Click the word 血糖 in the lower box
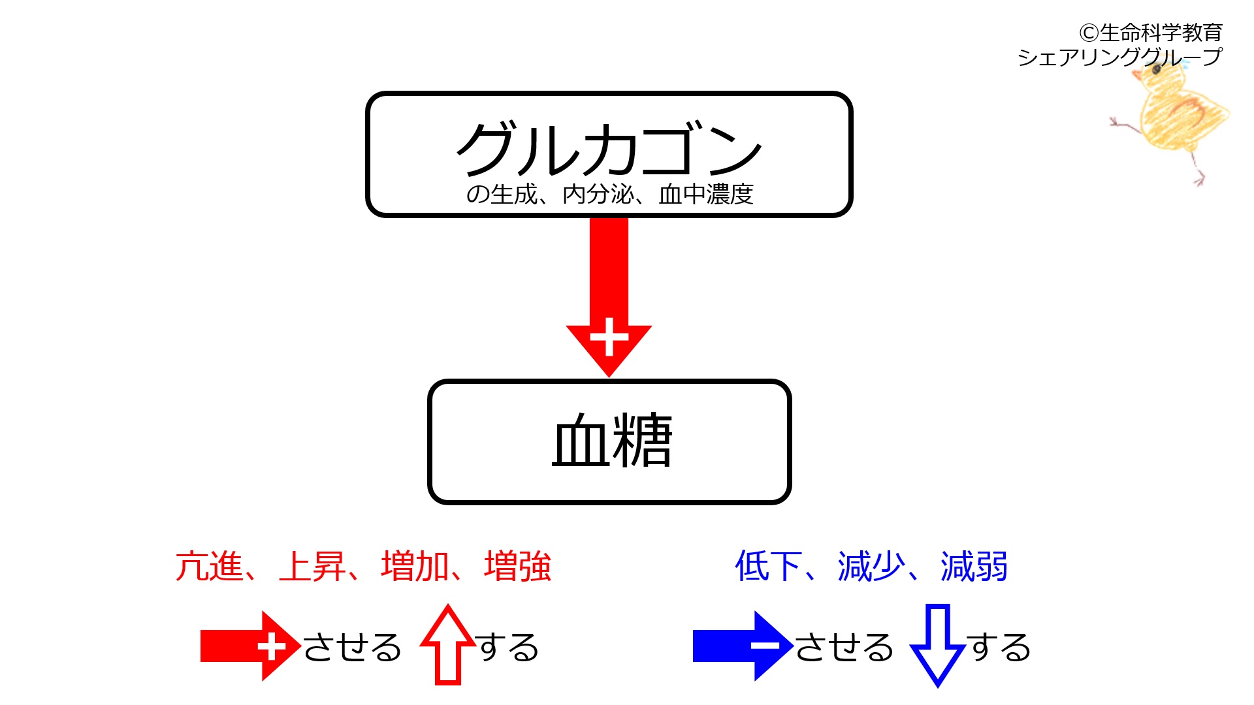pos(612,440)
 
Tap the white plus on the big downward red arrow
pos(609,337)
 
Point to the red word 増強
pos(518,566)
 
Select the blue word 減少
pos(872,566)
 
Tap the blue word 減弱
pos(974,566)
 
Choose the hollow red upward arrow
pos(448,645)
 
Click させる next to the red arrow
pos(352,648)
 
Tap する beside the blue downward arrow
pos(999,648)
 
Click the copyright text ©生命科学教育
pos(1151,32)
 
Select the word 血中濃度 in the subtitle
pos(706,195)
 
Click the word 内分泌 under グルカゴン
pos(598,195)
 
